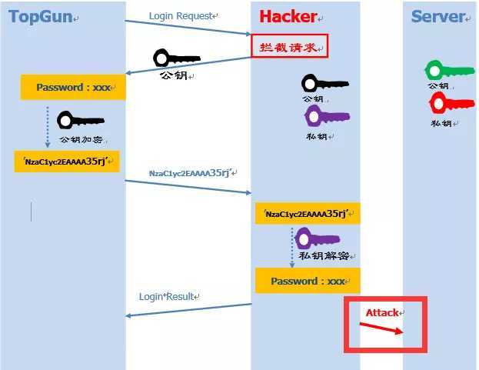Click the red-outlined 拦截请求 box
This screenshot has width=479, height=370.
pyautogui.click(x=289, y=46)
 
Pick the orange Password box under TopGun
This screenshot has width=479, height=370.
pyautogui.click(x=72, y=87)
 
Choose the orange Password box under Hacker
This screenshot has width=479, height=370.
pyautogui.click(x=308, y=281)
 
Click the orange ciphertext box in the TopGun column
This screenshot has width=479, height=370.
pyautogui.click(x=67, y=161)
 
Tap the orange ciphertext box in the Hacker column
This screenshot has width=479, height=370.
pyautogui.click(x=308, y=215)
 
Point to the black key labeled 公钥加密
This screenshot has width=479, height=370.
pyautogui.click(x=80, y=121)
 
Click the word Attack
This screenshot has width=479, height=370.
pyautogui.click(x=382, y=312)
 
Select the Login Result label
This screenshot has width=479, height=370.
pyautogui.click(x=168, y=295)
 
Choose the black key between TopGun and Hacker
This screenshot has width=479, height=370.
pyautogui.click(x=176, y=58)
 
